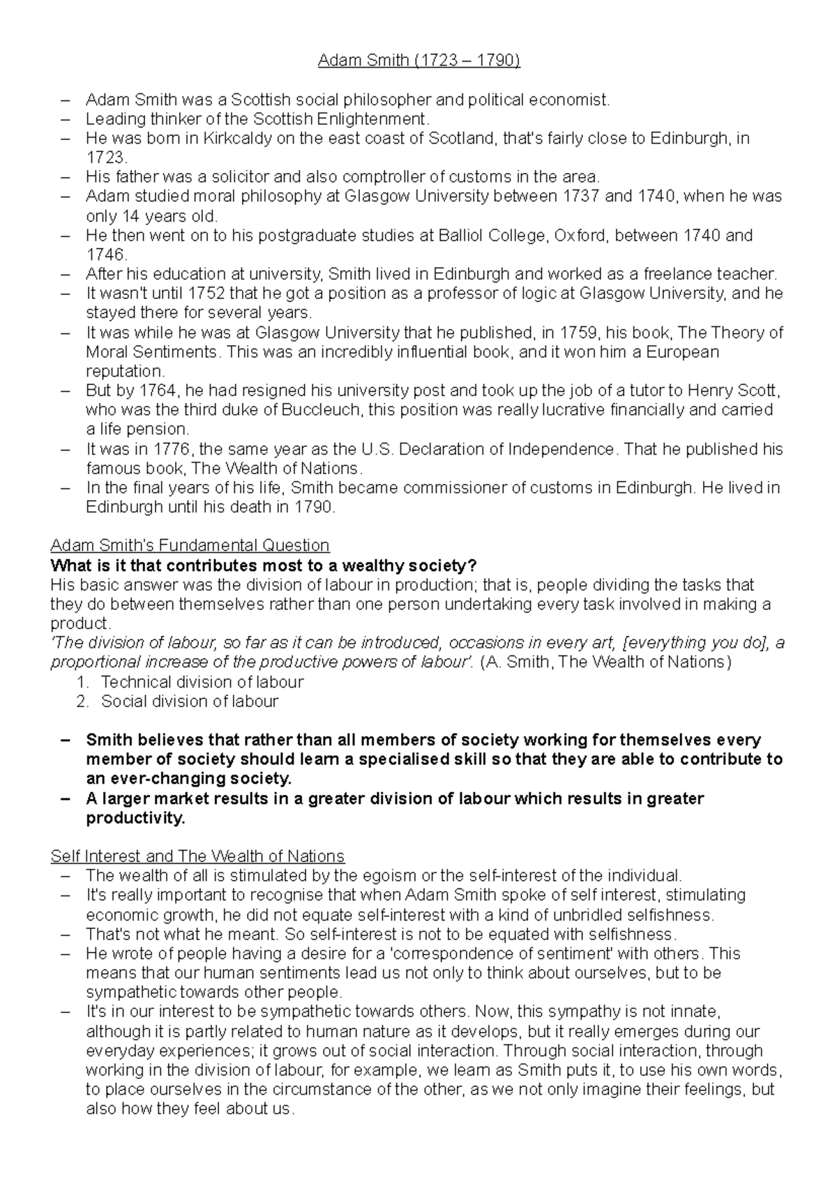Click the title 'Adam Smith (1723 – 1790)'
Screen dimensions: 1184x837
pos(418,61)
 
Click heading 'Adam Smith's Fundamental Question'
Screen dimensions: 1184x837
pos(190,545)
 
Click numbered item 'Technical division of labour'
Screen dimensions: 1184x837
pos(202,682)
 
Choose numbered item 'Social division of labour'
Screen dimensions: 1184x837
pos(190,701)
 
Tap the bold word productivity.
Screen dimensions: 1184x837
pos(135,818)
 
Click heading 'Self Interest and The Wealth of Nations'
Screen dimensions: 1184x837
pos(197,856)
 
